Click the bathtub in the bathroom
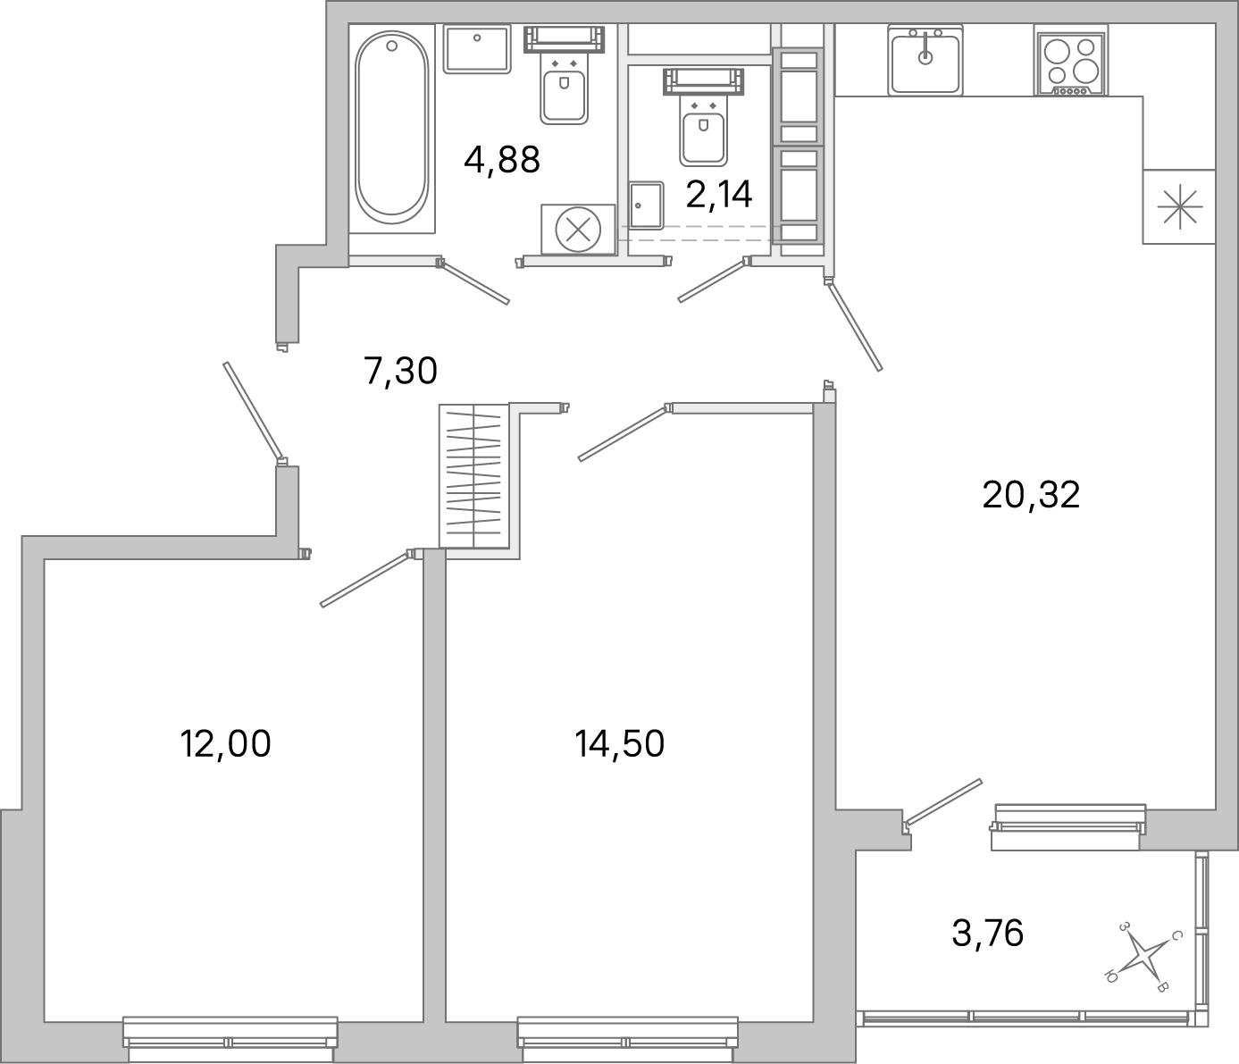pos(391,125)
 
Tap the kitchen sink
pos(925,60)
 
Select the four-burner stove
pos(1071,60)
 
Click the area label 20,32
pos(1031,494)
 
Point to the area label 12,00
pos(225,743)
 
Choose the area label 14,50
pos(620,743)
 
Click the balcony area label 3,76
pos(987,934)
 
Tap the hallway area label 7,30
pos(400,371)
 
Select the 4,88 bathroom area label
pos(502,161)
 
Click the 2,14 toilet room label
pos(719,194)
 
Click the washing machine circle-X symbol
pos(577,230)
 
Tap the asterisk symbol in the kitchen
pos(1179,206)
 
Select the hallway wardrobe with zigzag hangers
pos(473,475)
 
